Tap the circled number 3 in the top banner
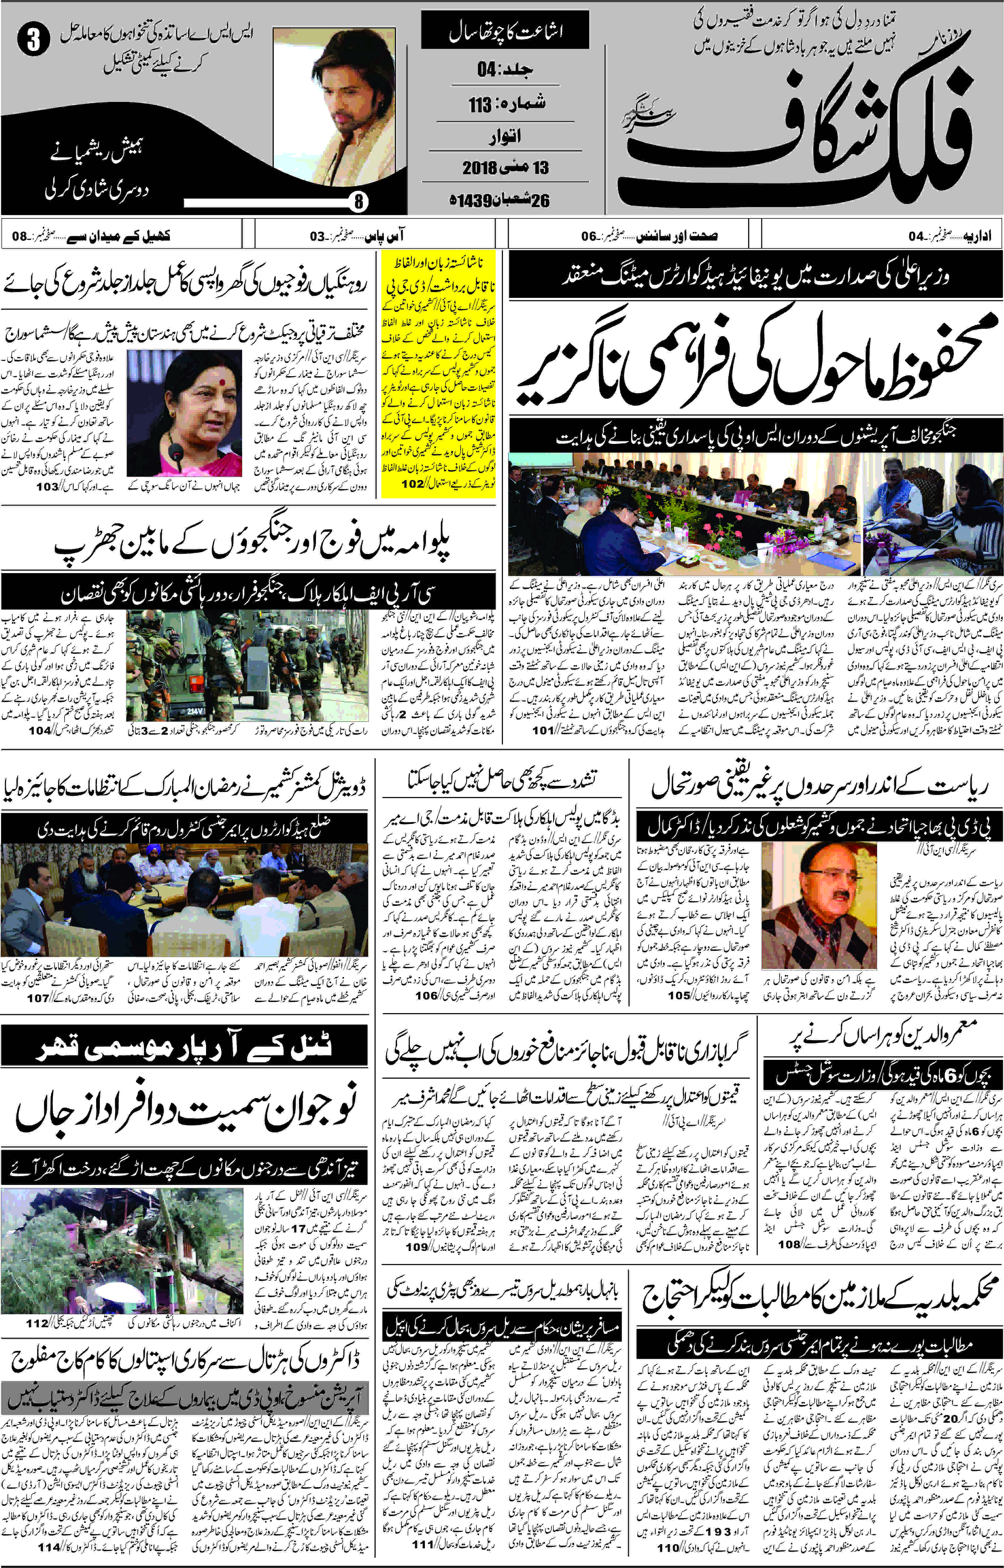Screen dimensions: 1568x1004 (x=33, y=40)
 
